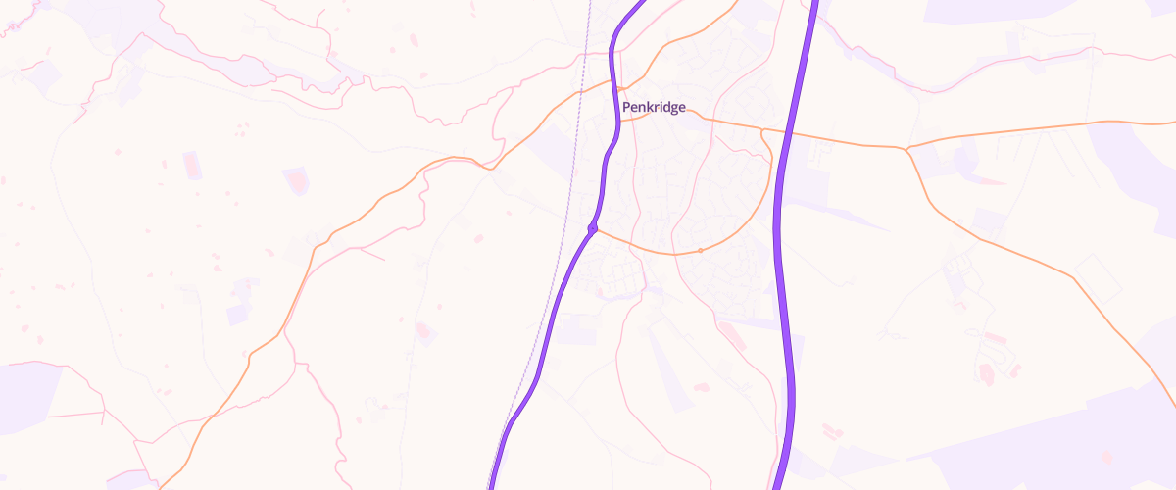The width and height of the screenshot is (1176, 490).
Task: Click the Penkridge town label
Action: coord(654,107)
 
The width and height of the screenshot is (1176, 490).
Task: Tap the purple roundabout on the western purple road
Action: coord(592,228)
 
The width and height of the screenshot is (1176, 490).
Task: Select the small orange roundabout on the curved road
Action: coord(700,251)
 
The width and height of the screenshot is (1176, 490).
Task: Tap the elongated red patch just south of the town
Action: coord(730,338)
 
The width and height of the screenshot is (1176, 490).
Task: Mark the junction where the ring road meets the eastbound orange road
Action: coord(763,129)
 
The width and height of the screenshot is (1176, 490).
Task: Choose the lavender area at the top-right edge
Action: coord(980,10)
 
